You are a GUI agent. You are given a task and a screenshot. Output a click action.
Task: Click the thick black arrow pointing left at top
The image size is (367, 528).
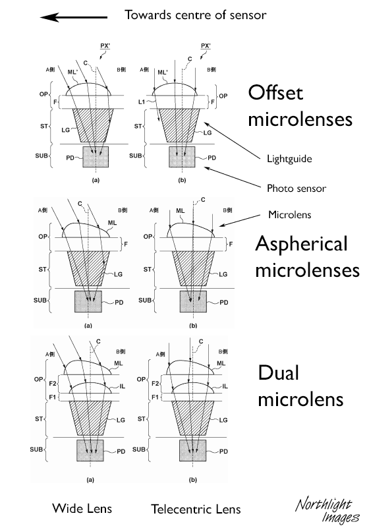73,17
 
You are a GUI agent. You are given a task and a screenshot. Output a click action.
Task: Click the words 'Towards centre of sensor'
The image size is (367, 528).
196,15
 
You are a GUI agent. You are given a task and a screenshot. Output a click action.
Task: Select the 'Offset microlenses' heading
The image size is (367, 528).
300,105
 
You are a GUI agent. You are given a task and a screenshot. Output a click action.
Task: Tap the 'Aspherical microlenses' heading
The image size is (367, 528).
308,257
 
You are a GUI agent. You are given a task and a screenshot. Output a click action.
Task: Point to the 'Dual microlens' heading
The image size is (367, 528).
300,386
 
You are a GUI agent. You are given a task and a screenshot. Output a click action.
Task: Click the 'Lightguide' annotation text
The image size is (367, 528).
289,159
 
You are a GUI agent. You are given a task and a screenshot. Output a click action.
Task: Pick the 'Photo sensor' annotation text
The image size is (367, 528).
296,188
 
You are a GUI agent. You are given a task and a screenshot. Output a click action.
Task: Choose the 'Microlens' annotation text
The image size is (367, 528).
289,214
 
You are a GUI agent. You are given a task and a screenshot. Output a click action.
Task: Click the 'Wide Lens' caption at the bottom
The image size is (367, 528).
82,508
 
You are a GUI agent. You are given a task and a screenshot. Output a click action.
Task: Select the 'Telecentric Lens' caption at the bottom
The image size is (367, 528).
196,509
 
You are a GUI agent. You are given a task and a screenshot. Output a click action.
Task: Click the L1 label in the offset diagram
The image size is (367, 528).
142,102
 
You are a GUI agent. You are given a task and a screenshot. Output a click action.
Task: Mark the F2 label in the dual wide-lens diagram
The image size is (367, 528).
53,384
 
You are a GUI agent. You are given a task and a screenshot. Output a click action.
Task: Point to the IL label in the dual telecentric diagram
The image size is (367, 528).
225,386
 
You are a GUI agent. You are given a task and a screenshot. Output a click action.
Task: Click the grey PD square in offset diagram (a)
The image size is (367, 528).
96,157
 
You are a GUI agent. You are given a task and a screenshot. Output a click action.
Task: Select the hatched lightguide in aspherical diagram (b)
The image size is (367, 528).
193,268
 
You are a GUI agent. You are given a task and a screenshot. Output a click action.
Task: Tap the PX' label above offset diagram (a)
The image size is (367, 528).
105,45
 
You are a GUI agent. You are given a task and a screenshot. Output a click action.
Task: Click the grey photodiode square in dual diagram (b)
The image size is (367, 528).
192,450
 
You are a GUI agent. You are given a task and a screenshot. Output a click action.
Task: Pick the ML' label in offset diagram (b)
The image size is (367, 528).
163,73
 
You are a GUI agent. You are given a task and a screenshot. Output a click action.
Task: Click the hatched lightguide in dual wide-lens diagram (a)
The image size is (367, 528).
90,418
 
